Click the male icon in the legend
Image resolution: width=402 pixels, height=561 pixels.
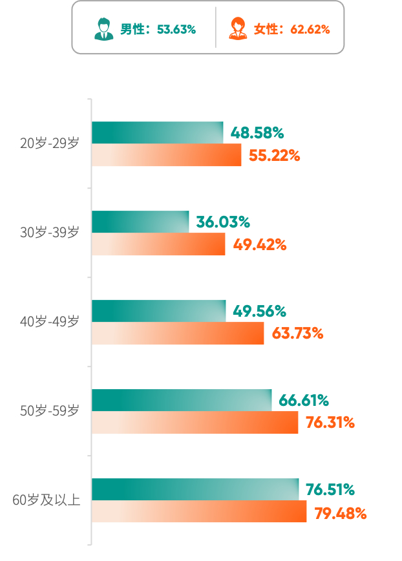tap(103, 28)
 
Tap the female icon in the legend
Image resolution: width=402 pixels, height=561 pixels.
tap(238, 28)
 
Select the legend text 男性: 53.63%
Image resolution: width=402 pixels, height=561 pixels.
tap(158, 29)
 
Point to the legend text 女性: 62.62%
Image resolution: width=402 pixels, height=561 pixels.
tap(292, 29)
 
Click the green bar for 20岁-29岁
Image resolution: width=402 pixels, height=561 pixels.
tap(157, 132)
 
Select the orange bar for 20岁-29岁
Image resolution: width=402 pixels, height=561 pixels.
tap(166, 154)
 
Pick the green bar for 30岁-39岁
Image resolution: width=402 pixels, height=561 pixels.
tap(140, 222)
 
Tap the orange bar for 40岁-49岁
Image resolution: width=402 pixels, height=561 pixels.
tap(178, 333)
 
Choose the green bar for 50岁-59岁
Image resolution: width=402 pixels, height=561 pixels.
tap(182, 400)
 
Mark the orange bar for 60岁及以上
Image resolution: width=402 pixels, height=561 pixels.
tap(199, 511)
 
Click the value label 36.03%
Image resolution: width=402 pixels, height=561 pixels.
tap(223, 222)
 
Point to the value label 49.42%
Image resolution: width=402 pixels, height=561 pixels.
tap(260, 245)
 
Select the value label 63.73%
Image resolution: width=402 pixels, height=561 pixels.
tap(297, 333)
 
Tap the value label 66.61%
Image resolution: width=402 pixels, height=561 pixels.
tap(304, 400)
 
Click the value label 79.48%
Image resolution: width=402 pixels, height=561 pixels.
tap(341, 513)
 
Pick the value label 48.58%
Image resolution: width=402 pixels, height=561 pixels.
tap(257, 132)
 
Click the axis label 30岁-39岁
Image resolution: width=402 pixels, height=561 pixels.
tap(50, 232)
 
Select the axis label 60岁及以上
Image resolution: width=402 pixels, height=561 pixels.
tap(47, 500)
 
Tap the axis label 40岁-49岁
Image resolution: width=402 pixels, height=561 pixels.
tap(50, 321)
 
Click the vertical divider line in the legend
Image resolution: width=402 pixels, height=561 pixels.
tap(216, 27)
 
